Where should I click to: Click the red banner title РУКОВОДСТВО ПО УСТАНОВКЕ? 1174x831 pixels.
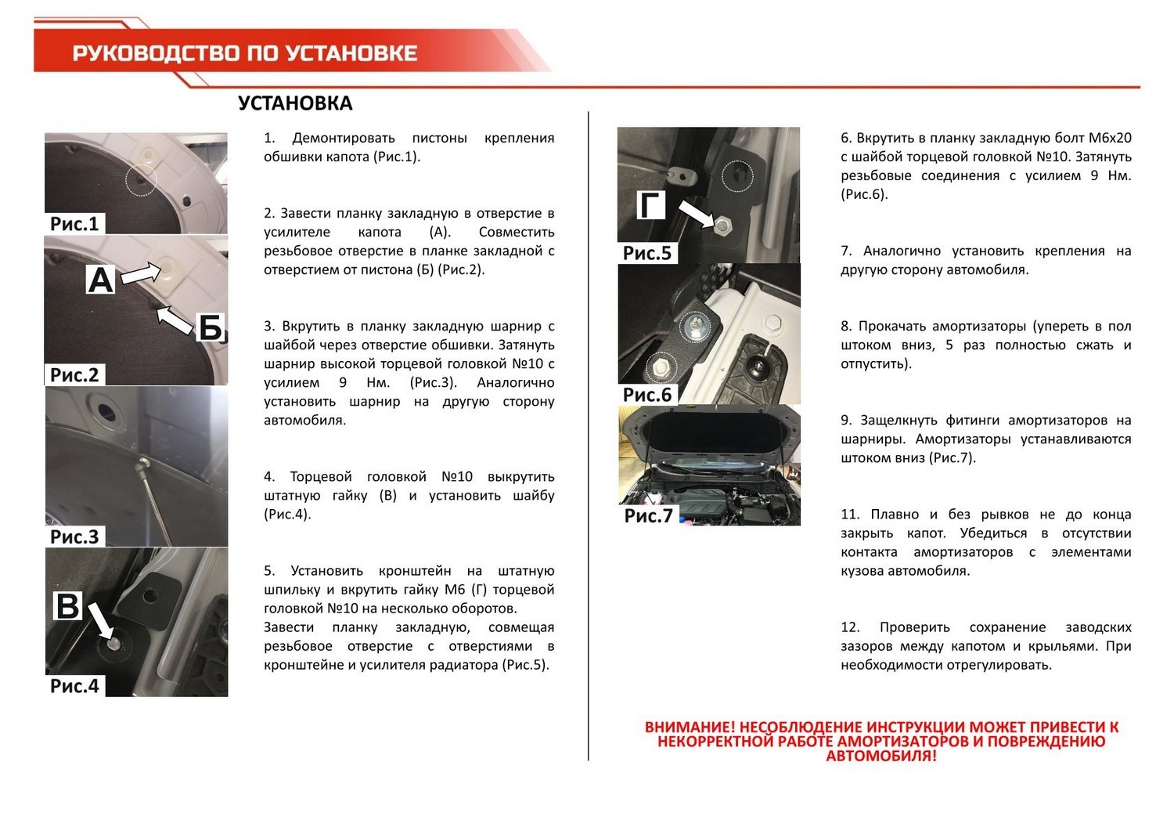pos(245,53)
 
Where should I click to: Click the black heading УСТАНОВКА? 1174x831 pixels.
pos(295,103)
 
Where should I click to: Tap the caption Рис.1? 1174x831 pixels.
pos(74,223)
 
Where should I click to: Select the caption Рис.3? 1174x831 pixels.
pos(74,537)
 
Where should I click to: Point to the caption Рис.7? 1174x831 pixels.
pos(648,515)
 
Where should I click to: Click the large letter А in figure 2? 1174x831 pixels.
pos(101,280)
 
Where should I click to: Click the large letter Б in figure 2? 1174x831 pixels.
pos(210,327)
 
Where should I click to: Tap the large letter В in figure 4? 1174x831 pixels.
pos(67,606)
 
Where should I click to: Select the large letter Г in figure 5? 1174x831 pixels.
pos(650,205)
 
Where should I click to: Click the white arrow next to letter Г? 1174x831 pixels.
pos(697,213)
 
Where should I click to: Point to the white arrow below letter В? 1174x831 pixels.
pos(101,621)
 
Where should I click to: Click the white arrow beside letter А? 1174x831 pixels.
pos(142,273)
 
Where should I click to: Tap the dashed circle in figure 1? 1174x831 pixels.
pos(141,181)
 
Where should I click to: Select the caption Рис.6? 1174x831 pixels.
pos(646,395)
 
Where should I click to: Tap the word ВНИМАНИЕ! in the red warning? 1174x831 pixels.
pos(690,728)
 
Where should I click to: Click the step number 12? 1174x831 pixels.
pos(850,627)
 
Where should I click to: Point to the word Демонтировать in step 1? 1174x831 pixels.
pos(344,138)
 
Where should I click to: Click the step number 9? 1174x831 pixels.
pos(845,421)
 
